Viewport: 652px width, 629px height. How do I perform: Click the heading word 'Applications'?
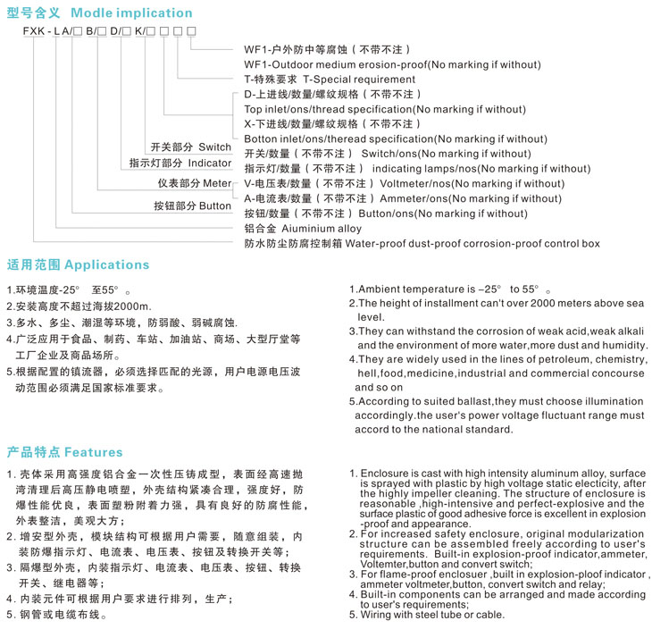click(x=107, y=265)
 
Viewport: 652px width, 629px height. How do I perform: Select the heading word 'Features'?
click(x=94, y=452)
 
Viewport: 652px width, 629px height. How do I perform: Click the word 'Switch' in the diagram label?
click(x=214, y=147)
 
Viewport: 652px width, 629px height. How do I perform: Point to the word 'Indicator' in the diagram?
click(x=209, y=164)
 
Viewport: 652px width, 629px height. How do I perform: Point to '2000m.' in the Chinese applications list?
click(x=132, y=306)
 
